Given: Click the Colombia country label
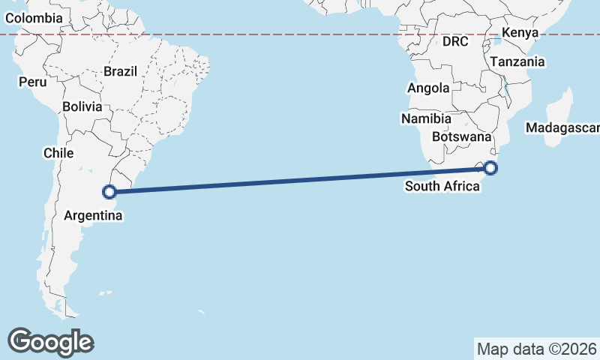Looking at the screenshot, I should [x=33, y=17].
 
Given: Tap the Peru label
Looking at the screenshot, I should [x=32, y=82].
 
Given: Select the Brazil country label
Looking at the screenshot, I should [x=120, y=72].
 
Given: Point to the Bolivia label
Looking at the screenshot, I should [x=82, y=106].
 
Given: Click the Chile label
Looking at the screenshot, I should [x=58, y=153].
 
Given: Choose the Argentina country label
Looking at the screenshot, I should [x=94, y=215].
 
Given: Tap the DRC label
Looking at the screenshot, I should [x=455, y=41].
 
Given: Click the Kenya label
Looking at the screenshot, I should [x=520, y=32].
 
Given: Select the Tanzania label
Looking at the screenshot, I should [x=517, y=62].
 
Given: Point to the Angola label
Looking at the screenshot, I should [x=428, y=88].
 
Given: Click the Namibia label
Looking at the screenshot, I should [x=426, y=118].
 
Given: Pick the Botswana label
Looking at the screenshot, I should [x=461, y=137].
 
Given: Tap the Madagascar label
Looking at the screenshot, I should [x=562, y=128].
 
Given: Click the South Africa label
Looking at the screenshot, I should [x=442, y=186].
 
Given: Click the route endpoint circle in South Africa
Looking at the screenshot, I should [x=490, y=168].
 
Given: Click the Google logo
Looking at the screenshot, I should [x=50, y=342].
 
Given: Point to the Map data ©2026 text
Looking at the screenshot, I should [x=537, y=349].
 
